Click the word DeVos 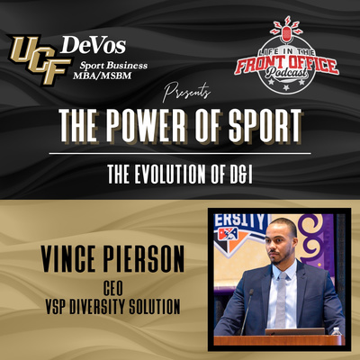tap(93, 45)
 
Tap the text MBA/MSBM tap(102, 76)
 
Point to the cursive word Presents tap(186, 92)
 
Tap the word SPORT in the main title tap(265, 125)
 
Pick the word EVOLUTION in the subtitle tap(170, 174)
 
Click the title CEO tap(112, 288)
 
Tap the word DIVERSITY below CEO tap(97, 307)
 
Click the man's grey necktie tap(282, 300)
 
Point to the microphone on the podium tap(247, 312)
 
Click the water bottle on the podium tap(337, 331)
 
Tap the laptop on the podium tap(294, 331)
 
